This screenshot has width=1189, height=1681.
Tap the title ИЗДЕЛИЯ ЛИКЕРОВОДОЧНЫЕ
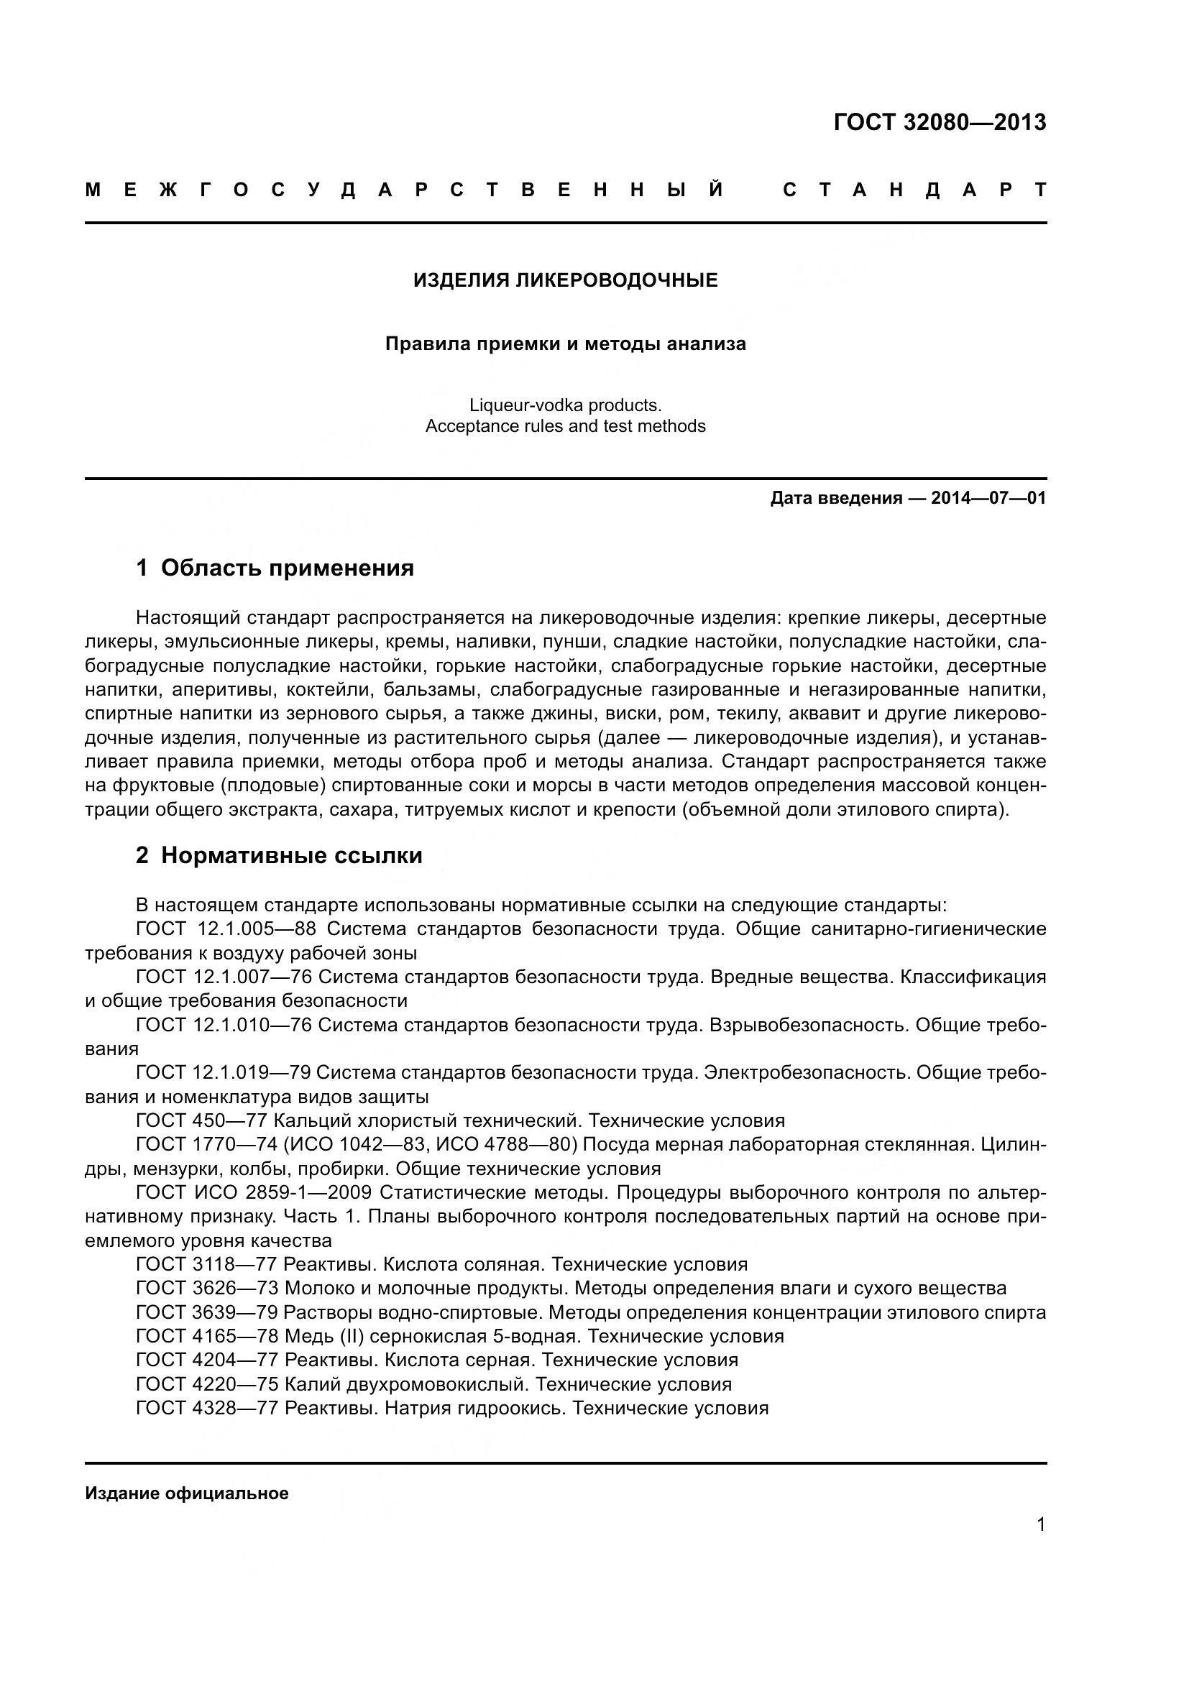(565, 280)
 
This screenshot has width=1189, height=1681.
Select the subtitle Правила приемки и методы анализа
(565, 344)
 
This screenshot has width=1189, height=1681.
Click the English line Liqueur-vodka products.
(565, 405)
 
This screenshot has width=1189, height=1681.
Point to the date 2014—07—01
(988, 499)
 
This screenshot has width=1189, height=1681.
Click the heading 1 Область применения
(275, 568)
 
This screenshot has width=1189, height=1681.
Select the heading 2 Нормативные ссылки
(279, 855)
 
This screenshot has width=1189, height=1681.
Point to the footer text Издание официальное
(187, 1493)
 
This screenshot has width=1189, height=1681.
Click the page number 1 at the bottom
(1040, 1525)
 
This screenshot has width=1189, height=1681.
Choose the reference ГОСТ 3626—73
(207, 1289)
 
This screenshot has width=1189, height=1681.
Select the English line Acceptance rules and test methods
(565, 426)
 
